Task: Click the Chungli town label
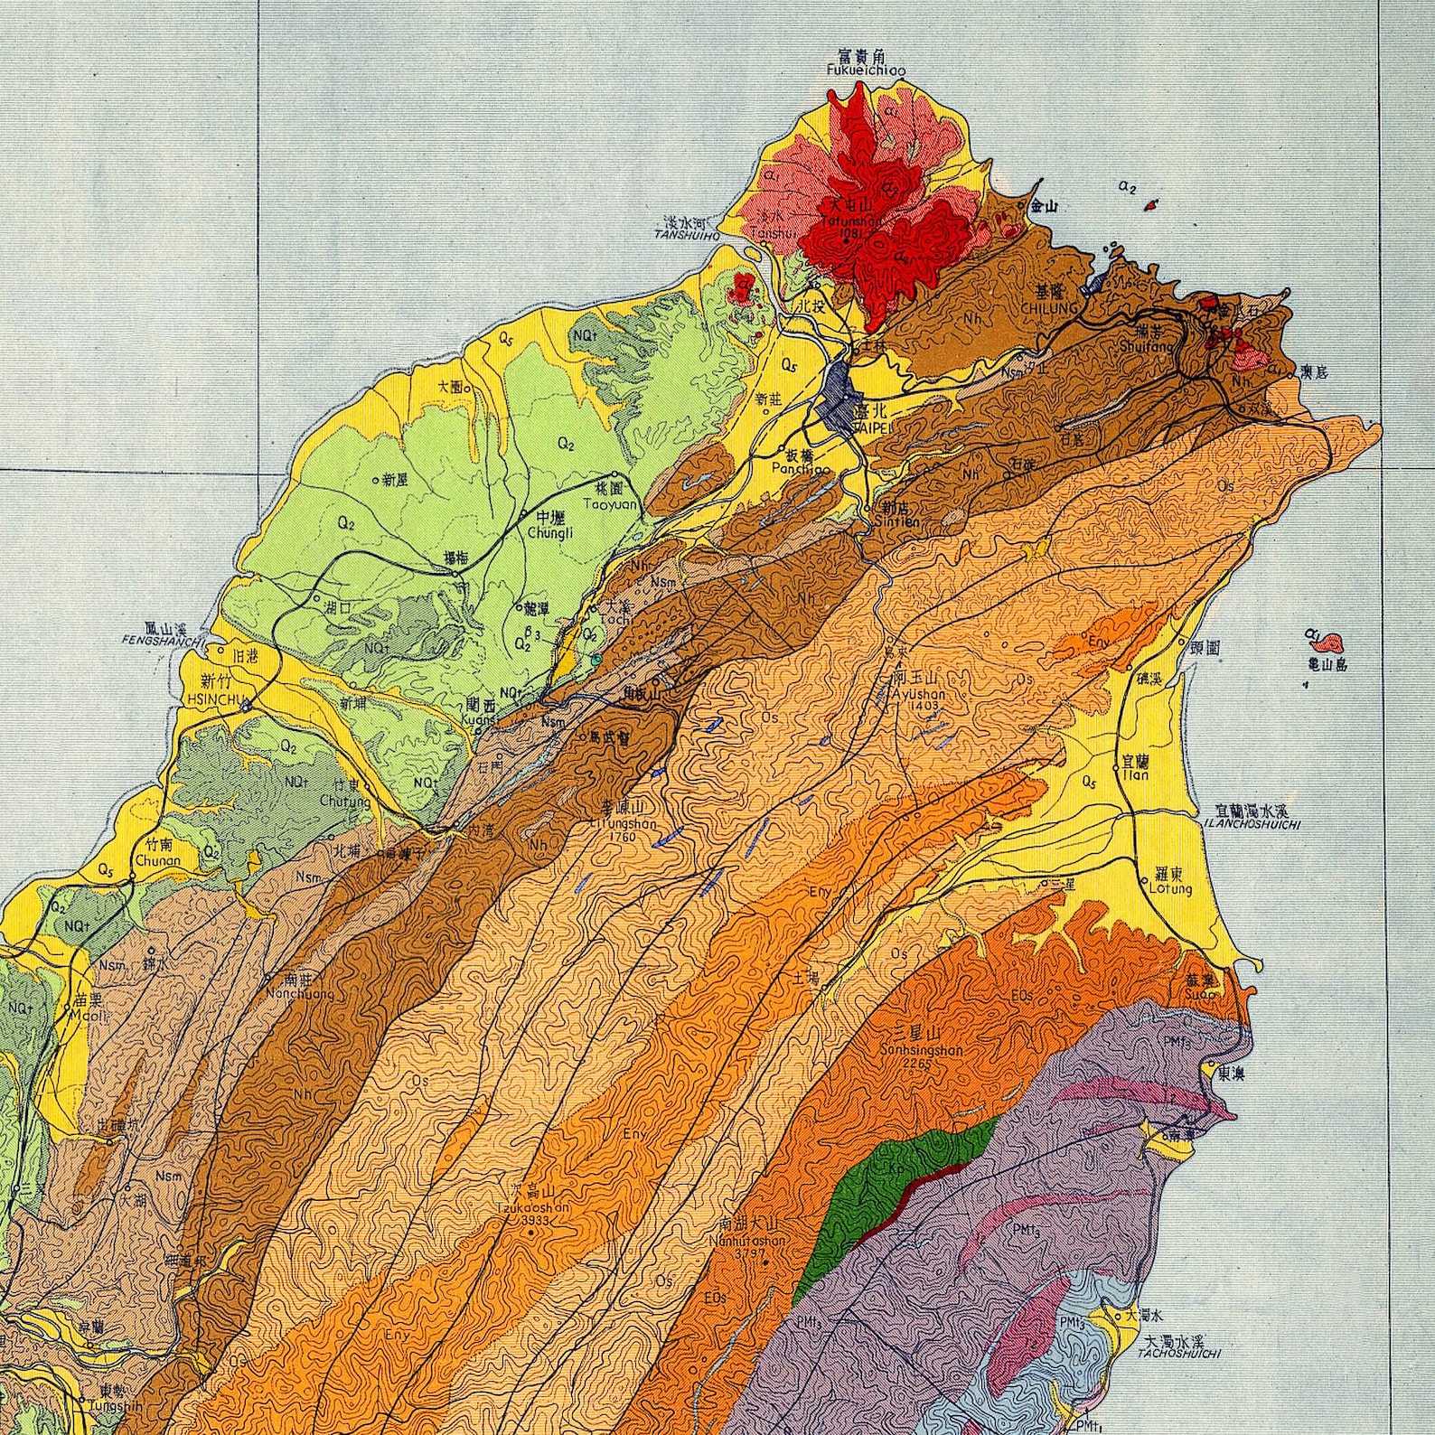click(x=550, y=532)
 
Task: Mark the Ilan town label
click(x=1135, y=774)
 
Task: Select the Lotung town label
click(x=1170, y=888)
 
